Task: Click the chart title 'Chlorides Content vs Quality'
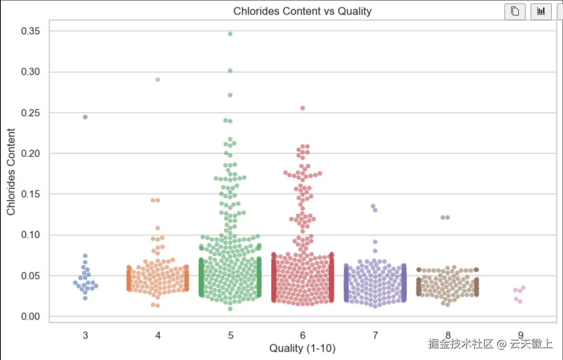(x=302, y=11)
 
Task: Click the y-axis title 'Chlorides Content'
(x=11, y=171)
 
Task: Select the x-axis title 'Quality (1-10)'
(x=302, y=348)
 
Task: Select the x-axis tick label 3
(x=85, y=335)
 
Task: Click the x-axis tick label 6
(x=302, y=335)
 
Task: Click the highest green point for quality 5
(x=230, y=34)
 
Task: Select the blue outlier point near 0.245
(x=85, y=117)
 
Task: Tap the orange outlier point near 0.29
(x=158, y=79)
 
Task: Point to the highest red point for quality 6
(x=302, y=108)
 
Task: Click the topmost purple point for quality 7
(x=373, y=206)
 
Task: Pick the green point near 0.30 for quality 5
(x=230, y=70)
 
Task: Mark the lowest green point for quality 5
(x=230, y=309)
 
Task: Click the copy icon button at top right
(x=515, y=11)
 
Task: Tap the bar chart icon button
(x=541, y=11)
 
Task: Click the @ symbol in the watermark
(x=501, y=344)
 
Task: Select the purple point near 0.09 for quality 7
(x=375, y=242)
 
